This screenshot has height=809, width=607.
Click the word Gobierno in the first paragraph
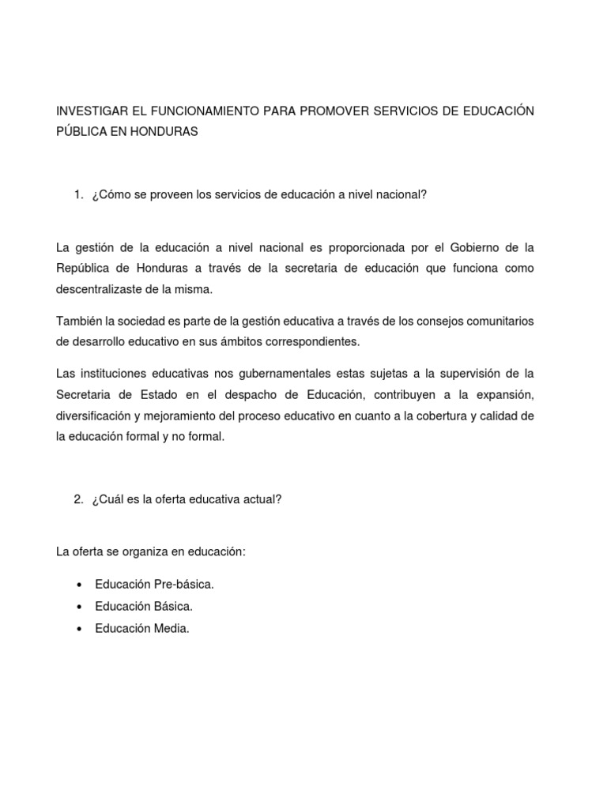click(x=476, y=248)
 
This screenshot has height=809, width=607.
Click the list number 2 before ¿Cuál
click(x=77, y=499)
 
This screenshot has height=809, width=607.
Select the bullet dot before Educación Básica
click(x=80, y=608)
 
